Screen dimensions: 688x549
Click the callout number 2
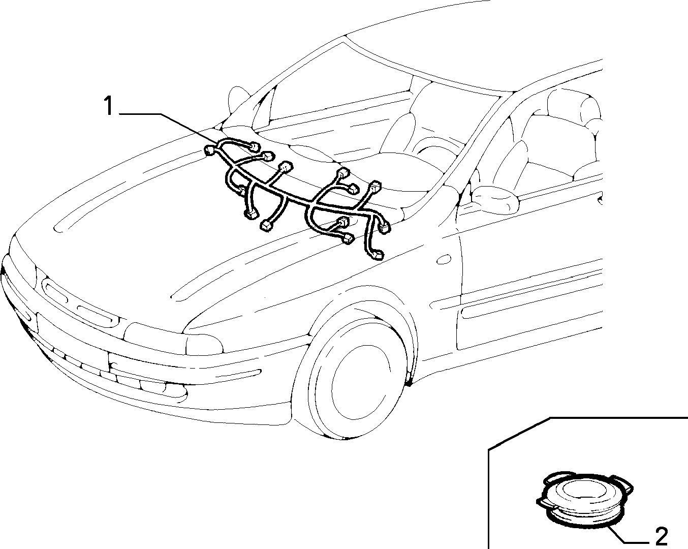662,536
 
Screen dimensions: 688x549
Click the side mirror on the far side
238,101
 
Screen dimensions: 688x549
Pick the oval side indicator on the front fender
444,259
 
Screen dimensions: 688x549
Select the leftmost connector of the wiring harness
209,150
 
